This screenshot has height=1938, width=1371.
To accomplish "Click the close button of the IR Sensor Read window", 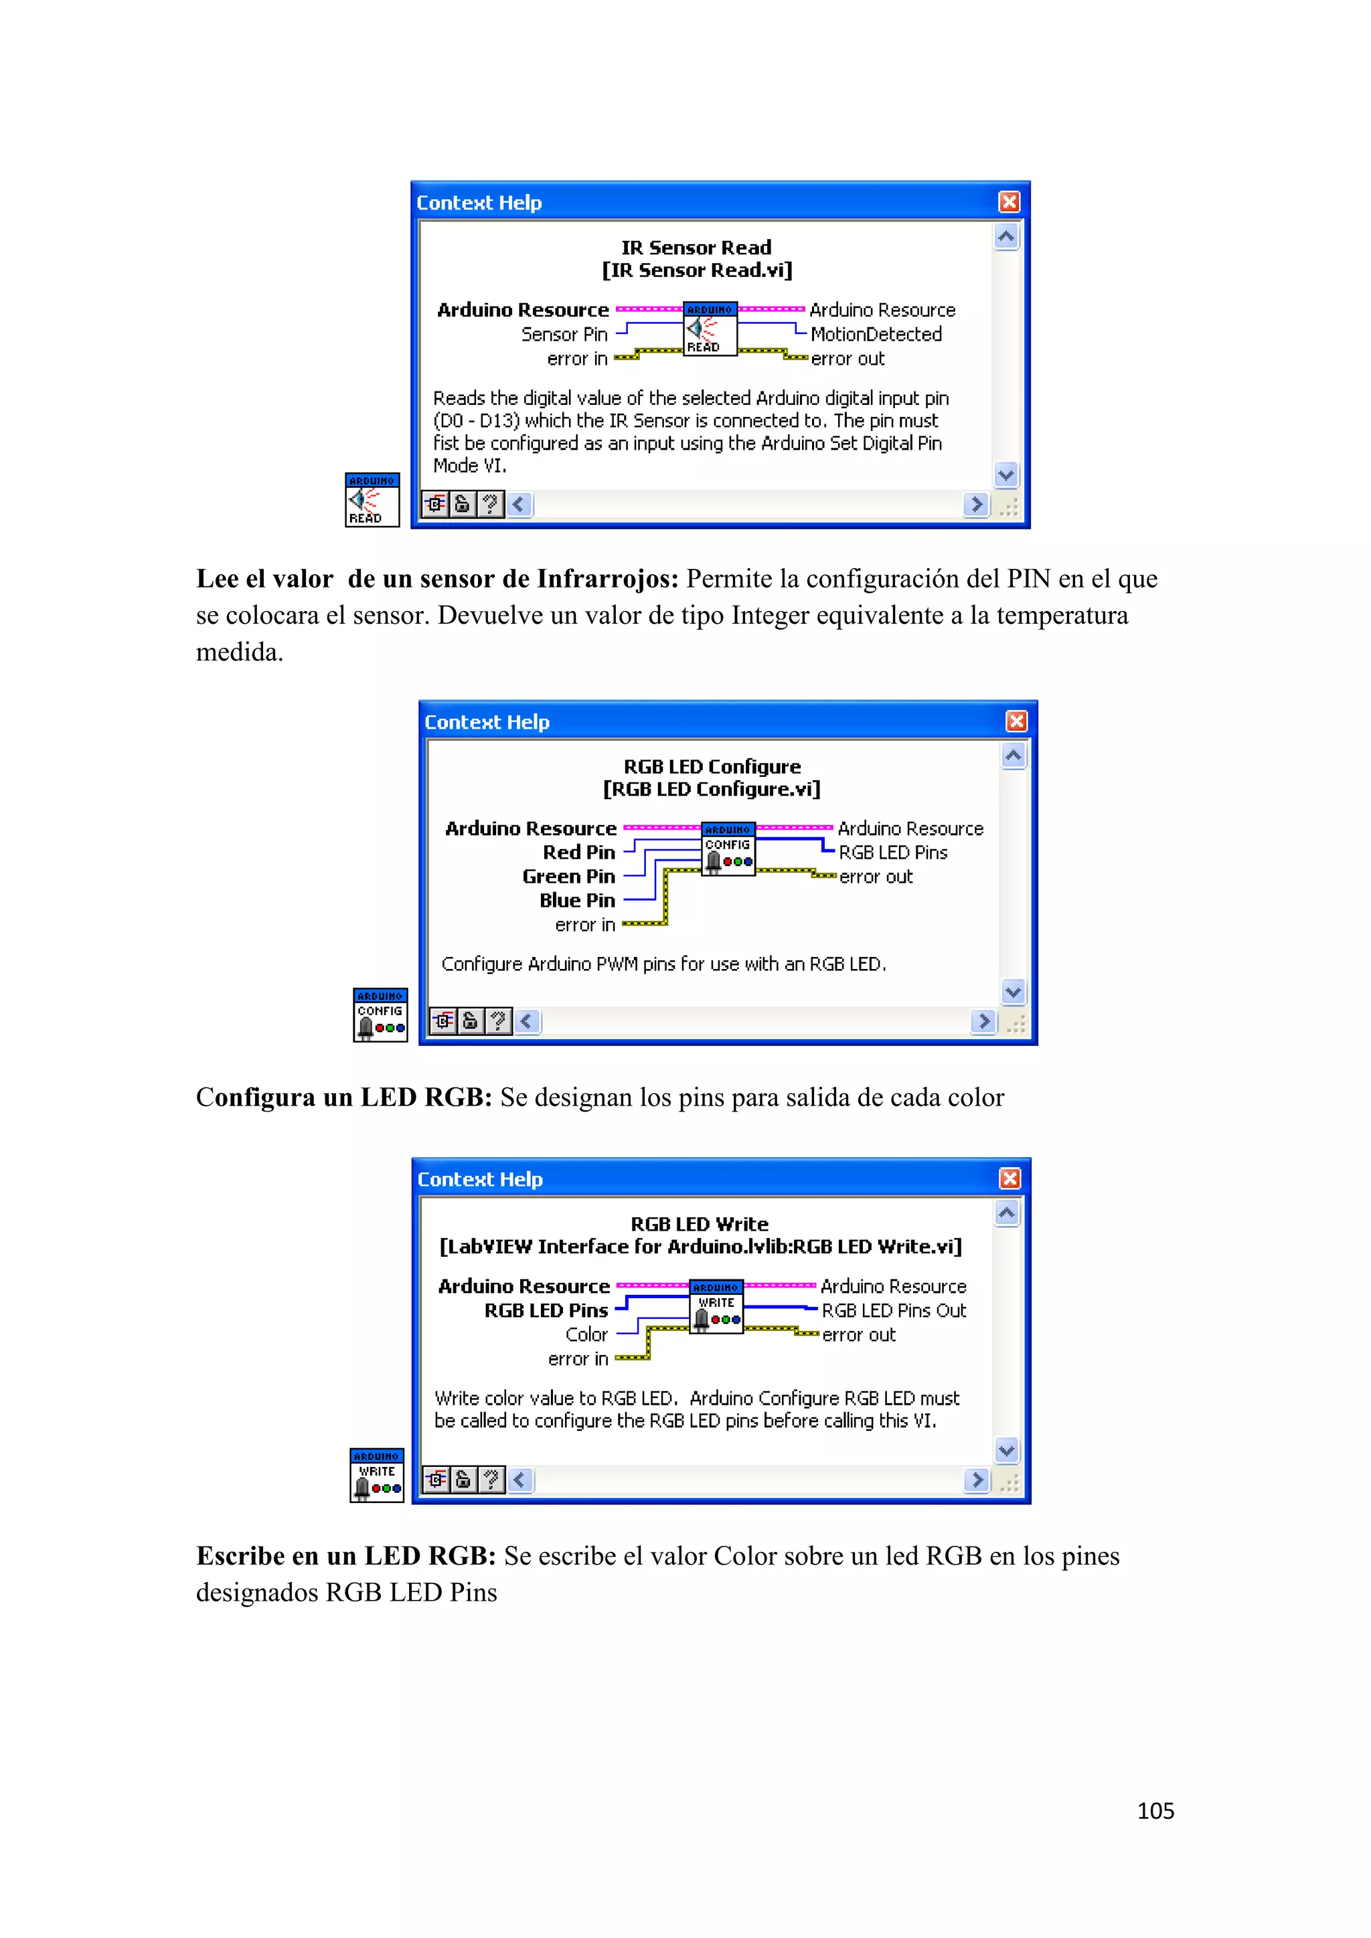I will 1009,201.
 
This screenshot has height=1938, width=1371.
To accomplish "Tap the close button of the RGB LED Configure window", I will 1016,721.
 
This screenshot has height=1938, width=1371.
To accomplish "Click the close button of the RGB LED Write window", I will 1010,1178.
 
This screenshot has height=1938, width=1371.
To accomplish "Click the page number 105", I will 1155,1811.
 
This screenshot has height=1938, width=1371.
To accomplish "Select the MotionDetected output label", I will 876,334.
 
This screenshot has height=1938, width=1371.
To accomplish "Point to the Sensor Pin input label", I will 564,334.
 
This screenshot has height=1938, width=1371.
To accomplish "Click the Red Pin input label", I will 578,853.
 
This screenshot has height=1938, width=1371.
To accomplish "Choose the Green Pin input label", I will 568,876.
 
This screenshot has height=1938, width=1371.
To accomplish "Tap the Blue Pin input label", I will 578,901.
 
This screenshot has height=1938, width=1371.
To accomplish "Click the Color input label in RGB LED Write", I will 586,1334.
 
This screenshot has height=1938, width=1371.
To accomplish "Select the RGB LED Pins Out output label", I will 893,1311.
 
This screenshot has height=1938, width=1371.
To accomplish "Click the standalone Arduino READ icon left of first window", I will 372,500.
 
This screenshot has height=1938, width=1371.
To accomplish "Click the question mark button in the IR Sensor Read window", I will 489,505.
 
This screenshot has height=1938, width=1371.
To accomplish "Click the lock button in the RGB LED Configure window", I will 470,1021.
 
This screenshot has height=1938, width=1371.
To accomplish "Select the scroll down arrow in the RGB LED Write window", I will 1006,1451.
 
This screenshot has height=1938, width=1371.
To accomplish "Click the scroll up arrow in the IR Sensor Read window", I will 1005,237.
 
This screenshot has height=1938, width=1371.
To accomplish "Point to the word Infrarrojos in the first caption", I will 607,579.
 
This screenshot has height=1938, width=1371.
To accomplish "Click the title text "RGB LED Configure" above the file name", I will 712,766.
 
